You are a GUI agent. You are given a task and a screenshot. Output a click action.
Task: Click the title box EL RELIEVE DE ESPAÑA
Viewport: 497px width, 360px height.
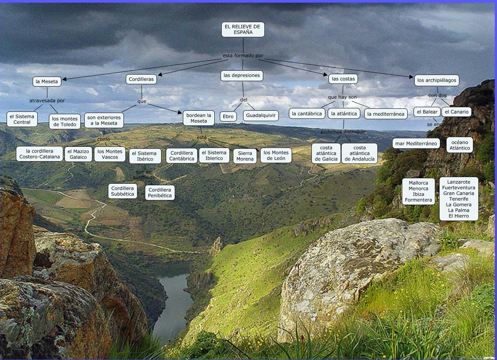tap(243, 30)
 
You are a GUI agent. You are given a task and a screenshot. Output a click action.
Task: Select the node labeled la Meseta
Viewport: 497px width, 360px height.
tap(47, 82)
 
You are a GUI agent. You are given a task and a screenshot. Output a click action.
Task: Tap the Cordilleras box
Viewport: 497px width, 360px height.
tap(141, 79)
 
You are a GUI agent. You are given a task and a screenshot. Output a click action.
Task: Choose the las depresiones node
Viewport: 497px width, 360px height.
tap(242, 76)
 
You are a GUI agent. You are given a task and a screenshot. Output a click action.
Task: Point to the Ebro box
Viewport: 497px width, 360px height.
tap(228, 117)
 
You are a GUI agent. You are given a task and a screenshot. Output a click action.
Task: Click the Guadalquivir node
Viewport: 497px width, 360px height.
tap(261, 116)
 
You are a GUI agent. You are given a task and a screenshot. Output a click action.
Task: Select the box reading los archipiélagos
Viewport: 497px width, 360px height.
tap(436, 80)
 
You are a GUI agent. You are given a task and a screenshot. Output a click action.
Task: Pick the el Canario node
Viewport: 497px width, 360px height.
tap(456, 112)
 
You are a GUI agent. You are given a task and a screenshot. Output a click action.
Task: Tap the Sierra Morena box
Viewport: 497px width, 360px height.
tap(245, 156)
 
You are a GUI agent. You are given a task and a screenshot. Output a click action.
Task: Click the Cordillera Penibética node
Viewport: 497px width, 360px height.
tap(160, 193)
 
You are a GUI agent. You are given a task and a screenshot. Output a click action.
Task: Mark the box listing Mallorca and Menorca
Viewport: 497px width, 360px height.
tap(418, 191)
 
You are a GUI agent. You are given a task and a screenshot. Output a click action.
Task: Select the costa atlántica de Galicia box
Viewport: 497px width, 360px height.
tap(326, 153)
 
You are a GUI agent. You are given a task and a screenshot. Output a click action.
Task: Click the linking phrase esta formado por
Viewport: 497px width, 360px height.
tap(243, 56)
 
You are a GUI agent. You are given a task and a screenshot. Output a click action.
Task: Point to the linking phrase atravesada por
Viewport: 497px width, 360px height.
tap(47, 101)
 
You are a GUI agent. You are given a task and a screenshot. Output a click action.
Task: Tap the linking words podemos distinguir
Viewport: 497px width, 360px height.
tap(343, 132)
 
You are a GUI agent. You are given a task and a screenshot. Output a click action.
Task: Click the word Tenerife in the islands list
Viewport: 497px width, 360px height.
tap(459, 199)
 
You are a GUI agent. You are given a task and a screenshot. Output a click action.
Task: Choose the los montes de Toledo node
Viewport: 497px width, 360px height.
tap(65, 122)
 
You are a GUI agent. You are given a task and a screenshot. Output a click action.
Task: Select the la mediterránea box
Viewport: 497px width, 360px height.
tap(386, 114)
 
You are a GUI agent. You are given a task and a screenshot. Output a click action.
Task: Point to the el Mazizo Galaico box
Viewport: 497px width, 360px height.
tap(78, 154)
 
